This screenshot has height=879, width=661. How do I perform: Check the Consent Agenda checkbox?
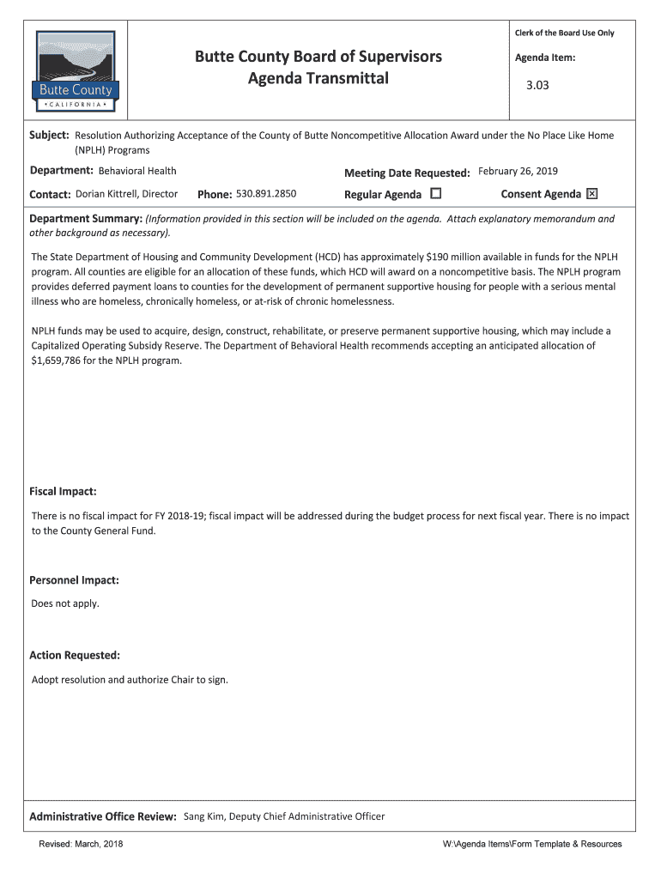click(591, 194)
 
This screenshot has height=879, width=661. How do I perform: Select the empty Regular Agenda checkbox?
click(435, 194)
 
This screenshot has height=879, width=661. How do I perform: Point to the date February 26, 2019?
click(518, 171)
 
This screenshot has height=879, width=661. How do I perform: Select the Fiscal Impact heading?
click(63, 492)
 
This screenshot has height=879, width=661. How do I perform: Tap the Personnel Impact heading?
click(74, 580)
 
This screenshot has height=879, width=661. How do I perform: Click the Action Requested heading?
click(75, 655)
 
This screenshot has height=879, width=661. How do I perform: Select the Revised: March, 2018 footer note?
click(81, 844)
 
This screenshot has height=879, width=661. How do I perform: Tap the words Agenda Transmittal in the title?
click(318, 79)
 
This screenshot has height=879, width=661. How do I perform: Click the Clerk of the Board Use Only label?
click(564, 33)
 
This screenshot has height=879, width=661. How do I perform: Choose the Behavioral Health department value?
click(137, 171)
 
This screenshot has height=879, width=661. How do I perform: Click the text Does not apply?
click(65, 603)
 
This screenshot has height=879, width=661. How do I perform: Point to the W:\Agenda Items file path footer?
click(531, 844)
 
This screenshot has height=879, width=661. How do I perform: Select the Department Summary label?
click(86, 219)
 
